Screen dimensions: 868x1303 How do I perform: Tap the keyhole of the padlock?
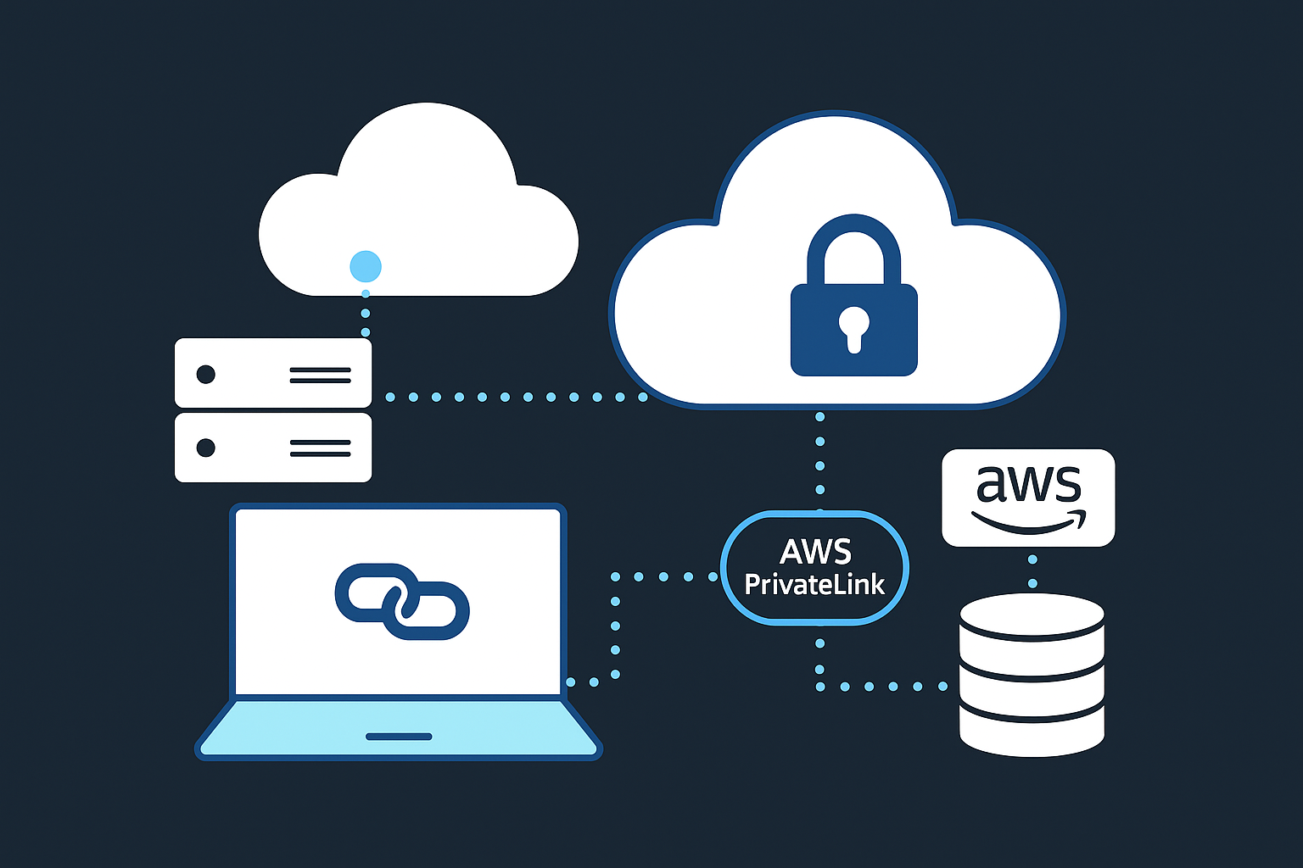click(854, 326)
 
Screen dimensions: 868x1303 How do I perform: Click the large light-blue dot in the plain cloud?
click(366, 266)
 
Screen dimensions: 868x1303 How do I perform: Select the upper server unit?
click(273, 373)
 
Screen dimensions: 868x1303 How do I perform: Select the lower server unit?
click(273, 448)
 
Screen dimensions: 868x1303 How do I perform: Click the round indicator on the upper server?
click(205, 374)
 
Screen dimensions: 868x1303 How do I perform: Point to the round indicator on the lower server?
click(205, 448)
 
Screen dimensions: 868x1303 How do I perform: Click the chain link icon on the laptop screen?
click(402, 601)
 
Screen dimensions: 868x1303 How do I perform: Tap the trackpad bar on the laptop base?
click(399, 737)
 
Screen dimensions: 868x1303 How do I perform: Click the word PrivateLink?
click(814, 585)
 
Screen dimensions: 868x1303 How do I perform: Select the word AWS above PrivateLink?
click(815, 552)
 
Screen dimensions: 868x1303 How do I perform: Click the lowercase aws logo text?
click(1028, 484)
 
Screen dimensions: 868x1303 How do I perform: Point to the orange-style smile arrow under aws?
click(1028, 523)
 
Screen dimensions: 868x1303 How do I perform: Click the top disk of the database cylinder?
click(1032, 615)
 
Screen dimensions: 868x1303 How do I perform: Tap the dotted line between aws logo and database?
click(1032, 571)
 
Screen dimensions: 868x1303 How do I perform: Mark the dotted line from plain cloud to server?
click(366, 314)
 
